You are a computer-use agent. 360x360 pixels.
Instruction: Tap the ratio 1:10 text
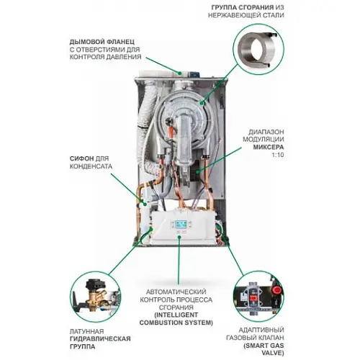pos(277,155)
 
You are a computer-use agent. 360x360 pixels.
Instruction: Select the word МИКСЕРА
pos(269,147)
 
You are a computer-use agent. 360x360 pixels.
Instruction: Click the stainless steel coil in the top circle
pos(257,49)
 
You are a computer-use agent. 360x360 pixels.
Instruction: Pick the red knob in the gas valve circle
pos(276,289)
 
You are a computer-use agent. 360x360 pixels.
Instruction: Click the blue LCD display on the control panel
pos(179,225)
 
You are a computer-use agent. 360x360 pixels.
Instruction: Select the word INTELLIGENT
pos(176,315)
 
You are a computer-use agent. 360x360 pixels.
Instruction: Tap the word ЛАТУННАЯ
pos(86,331)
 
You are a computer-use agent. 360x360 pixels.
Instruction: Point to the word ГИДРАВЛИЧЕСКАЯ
pos(100,339)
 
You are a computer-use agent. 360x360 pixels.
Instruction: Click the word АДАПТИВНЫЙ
pos(261,330)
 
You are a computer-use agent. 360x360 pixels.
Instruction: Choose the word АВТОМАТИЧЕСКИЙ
pos(176,292)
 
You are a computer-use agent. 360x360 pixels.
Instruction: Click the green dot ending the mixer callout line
pos(197,172)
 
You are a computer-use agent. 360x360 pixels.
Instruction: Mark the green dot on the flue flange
pos(179,73)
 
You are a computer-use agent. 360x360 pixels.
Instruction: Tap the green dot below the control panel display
pos(179,237)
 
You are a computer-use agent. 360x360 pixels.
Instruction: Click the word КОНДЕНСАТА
pos(91,166)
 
